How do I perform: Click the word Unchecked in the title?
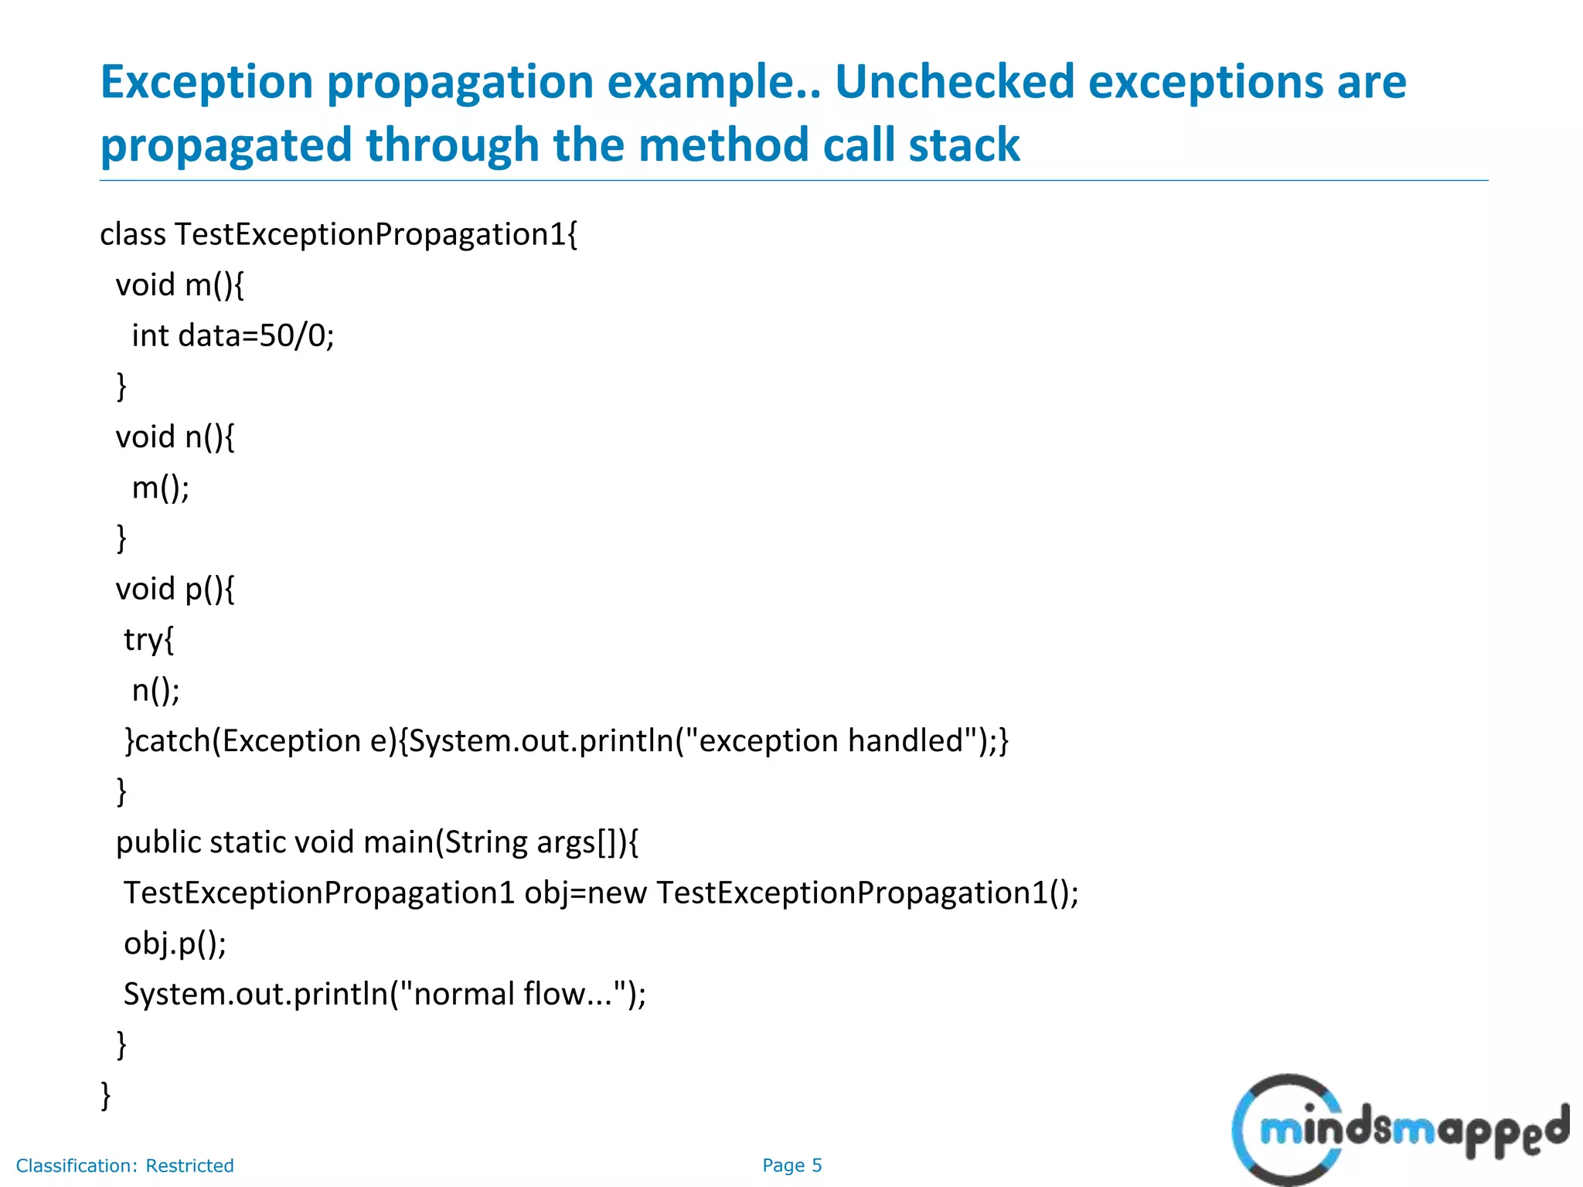[955, 82]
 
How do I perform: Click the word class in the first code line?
[132, 234]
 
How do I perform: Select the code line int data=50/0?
[233, 336]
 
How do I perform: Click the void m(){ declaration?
[179, 285]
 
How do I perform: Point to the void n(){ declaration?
[175, 437]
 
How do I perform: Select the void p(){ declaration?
[175, 590]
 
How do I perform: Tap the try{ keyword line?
[149, 640]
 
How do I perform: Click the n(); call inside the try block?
[155, 690]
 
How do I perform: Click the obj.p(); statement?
[175, 944]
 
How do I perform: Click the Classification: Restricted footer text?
[124, 1165]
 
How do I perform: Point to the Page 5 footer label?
[791, 1165]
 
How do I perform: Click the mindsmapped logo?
[1399, 1130]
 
